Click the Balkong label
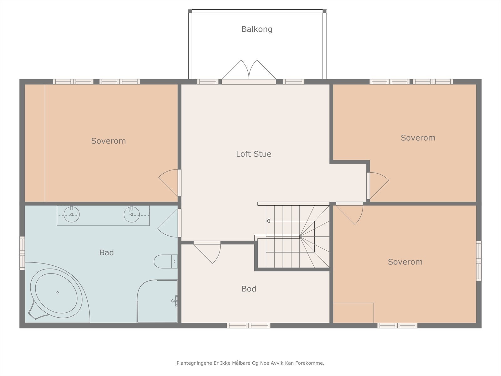click(257, 29)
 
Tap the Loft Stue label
click(254, 154)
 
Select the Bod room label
click(249, 289)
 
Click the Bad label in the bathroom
click(106, 253)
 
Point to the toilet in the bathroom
click(166, 261)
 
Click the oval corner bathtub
click(56, 293)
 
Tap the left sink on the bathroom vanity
click(71, 214)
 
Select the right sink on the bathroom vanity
click(132, 214)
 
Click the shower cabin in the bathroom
click(157, 301)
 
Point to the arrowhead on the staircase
click(268, 221)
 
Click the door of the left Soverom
click(169, 183)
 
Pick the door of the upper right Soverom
click(378, 186)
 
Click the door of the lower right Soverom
click(349, 213)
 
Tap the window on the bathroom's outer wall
click(22, 253)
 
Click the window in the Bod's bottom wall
click(249, 326)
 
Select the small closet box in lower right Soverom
click(353, 313)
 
